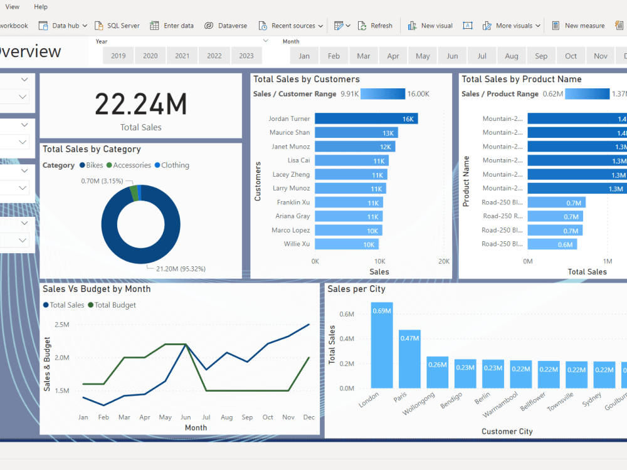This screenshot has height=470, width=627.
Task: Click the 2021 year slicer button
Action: (x=182, y=56)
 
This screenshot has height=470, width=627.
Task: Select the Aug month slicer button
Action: (x=512, y=56)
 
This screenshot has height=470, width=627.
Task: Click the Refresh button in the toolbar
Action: (x=376, y=26)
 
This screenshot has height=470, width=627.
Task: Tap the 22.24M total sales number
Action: (x=141, y=104)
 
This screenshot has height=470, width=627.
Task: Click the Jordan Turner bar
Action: (x=366, y=118)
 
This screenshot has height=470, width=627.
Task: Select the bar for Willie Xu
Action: (x=346, y=244)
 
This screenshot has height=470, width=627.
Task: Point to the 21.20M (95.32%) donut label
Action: (x=176, y=269)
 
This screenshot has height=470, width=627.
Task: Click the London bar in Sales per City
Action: (x=382, y=345)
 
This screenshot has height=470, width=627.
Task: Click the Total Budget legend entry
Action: (x=112, y=305)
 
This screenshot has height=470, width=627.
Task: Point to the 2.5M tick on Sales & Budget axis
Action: (x=61, y=325)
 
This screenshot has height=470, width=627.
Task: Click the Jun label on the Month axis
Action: (x=186, y=417)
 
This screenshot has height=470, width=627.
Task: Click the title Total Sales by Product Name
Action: (x=522, y=79)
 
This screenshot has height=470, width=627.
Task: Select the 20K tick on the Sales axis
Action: (x=444, y=261)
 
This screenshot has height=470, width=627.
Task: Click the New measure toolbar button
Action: (x=579, y=26)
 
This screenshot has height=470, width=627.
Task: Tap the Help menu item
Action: (x=41, y=7)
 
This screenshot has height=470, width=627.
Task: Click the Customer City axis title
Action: (x=507, y=431)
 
